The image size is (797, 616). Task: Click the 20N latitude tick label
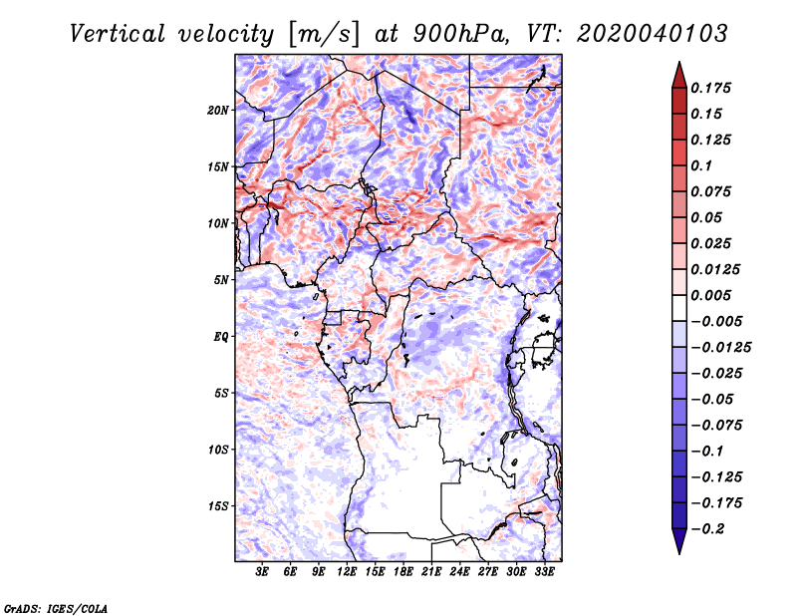218,111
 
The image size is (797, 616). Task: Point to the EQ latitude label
220,337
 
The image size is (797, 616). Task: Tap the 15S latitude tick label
218,506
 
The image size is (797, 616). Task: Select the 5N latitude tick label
221,280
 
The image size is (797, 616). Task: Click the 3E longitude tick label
262,572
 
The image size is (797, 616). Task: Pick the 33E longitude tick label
544,572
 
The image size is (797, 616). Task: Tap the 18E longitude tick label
403,572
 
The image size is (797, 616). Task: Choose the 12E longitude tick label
347,572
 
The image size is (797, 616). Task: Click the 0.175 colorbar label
710,88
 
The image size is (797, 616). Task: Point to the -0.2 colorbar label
707,529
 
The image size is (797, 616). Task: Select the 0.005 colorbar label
710,295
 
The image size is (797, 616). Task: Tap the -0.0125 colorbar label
720,348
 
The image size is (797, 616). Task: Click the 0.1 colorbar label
701,165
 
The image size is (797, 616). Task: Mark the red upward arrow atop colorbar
679,76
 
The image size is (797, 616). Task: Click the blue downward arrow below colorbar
679,541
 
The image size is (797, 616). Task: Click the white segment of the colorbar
679,308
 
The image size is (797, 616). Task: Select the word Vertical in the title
118,34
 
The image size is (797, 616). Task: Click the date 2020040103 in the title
653,34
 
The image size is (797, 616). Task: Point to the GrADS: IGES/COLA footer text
56,608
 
